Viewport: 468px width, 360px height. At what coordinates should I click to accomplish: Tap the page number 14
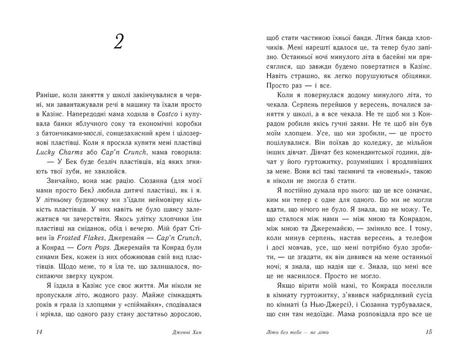tap(39, 332)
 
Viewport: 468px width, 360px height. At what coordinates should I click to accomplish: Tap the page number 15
tap(428, 332)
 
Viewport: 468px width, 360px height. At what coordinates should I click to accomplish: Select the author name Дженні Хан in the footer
tap(186, 332)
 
